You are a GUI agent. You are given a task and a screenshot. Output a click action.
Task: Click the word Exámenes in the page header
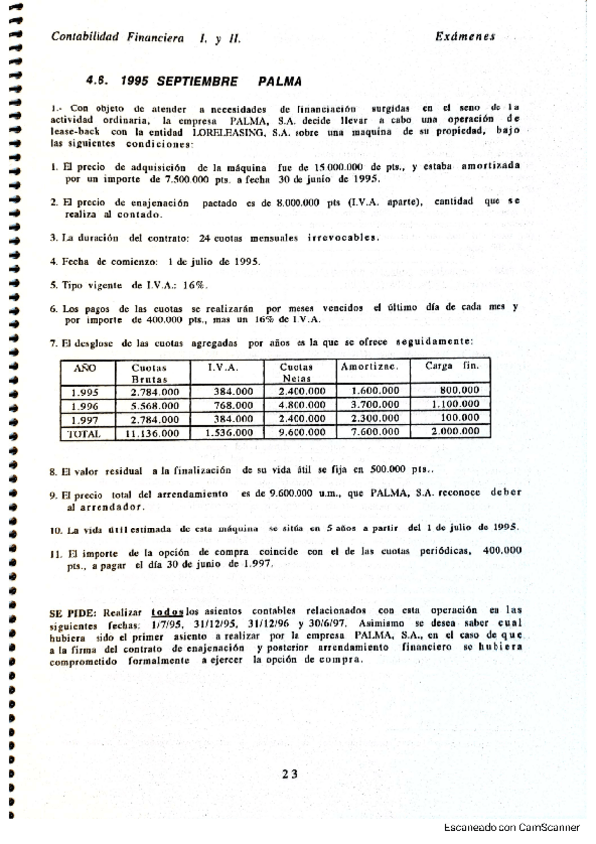click(x=467, y=35)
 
